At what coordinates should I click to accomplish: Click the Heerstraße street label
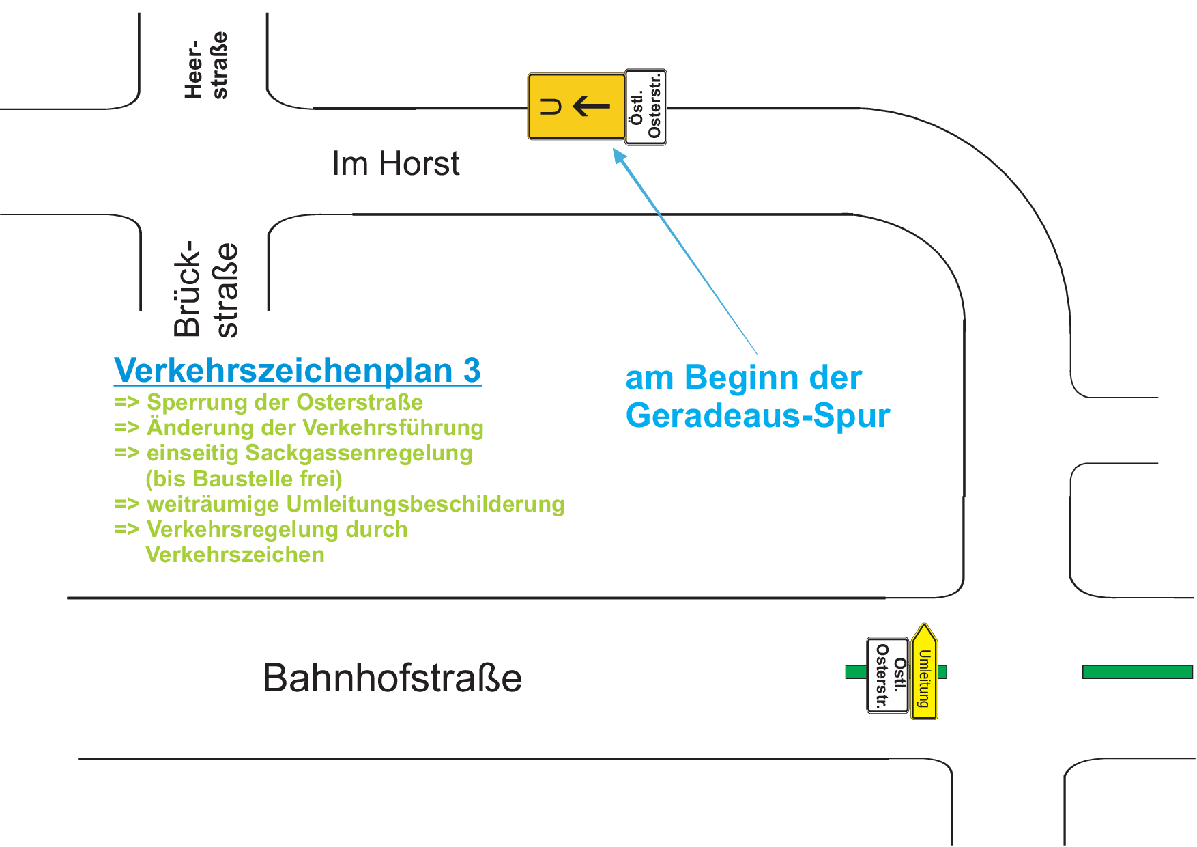tap(205, 66)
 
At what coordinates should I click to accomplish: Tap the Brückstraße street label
tap(205, 290)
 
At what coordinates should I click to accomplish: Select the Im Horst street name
tap(396, 164)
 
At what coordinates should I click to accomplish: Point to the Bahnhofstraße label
tap(392, 678)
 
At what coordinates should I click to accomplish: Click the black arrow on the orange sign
tap(591, 107)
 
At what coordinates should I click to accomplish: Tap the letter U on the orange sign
tap(551, 107)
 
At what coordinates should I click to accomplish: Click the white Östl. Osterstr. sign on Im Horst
tap(646, 107)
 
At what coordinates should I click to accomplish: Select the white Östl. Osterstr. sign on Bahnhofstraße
tap(888, 676)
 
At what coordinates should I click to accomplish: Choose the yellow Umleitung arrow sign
tap(925, 671)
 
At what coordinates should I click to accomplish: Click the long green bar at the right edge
tap(1138, 672)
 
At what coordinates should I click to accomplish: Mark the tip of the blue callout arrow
tap(614, 149)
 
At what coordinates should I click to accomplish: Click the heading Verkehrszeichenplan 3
tap(298, 371)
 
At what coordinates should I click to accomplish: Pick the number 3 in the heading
tap(472, 371)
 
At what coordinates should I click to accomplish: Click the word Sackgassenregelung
tap(359, 454)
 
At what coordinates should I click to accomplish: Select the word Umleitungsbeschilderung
tap(425, 505)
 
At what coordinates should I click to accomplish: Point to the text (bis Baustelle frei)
tap(244, 479)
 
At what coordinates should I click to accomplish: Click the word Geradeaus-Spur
tap(758, 415)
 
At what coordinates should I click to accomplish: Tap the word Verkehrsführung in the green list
tap(393, 428)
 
